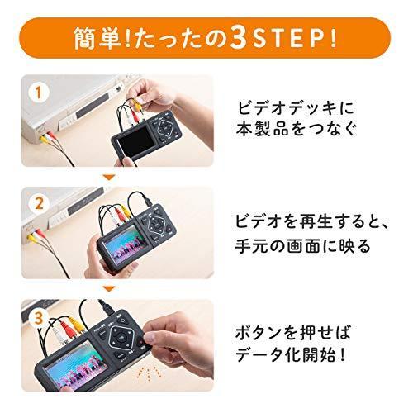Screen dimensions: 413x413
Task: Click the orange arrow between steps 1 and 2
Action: tap(107, 177)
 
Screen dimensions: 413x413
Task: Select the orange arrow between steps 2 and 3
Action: tap(107, 288)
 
